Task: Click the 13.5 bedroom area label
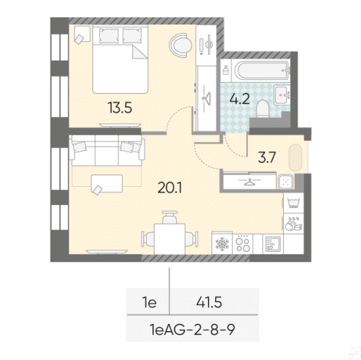120,107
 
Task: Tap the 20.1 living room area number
170,188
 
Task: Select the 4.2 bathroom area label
240,99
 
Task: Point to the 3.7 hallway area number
266,157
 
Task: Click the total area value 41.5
209,302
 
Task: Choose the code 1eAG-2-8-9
192,329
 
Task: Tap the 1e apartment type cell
149,302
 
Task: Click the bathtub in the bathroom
261,70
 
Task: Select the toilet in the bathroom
262,109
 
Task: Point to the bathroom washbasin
282,95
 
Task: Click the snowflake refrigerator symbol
222,243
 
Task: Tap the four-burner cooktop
243,243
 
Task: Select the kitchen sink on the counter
273,244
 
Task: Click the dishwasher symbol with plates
293,224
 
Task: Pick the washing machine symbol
293,202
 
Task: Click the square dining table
170,239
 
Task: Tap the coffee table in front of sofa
107,183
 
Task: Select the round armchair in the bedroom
180,45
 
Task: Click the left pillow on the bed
109,36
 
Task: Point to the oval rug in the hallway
295,157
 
